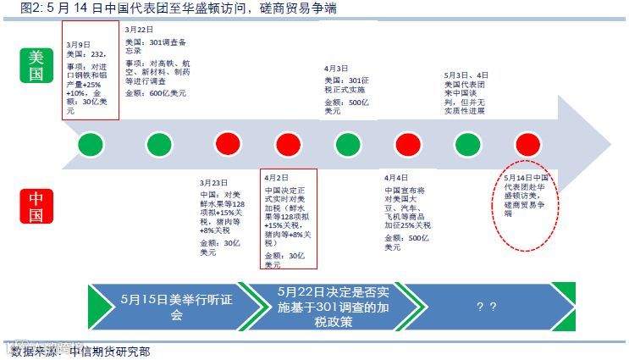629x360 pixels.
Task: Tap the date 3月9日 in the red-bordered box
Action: tap(78, 42)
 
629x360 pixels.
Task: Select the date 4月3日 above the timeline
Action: tap(337, 68)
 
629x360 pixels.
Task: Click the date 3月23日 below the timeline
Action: tap(214, 182)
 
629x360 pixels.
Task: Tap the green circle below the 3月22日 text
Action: tap(158, 143)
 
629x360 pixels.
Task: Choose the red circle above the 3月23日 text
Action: tap(227, 143)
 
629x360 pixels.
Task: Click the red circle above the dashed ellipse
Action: tap(527, 143)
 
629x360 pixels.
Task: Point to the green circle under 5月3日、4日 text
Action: tap(466, 143)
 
